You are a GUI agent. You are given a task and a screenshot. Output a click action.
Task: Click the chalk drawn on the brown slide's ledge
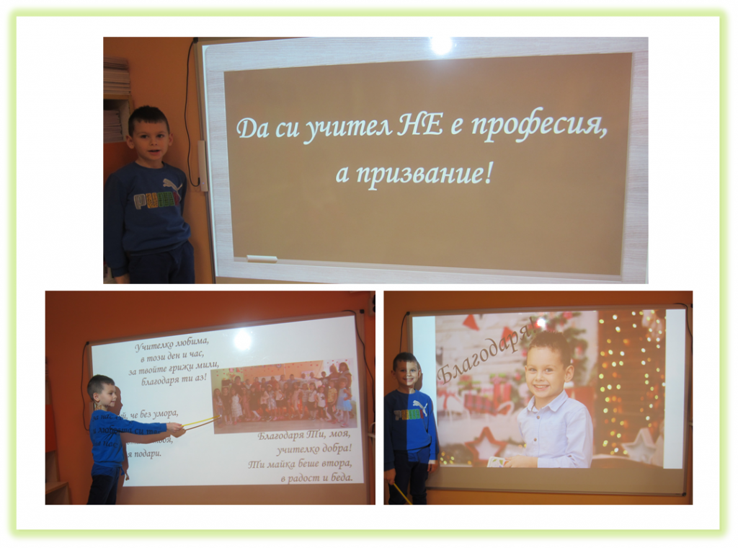click(262, 258)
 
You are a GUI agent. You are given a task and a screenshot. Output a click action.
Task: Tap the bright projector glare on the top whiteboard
click(440, 45)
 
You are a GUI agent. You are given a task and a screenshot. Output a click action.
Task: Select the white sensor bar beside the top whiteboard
click(203, 166)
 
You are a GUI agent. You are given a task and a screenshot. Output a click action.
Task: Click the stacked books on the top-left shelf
click(117, 79)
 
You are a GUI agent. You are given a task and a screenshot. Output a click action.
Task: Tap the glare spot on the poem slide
click(242, 339)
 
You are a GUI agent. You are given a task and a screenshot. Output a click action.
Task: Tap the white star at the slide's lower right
click(641, 445)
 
